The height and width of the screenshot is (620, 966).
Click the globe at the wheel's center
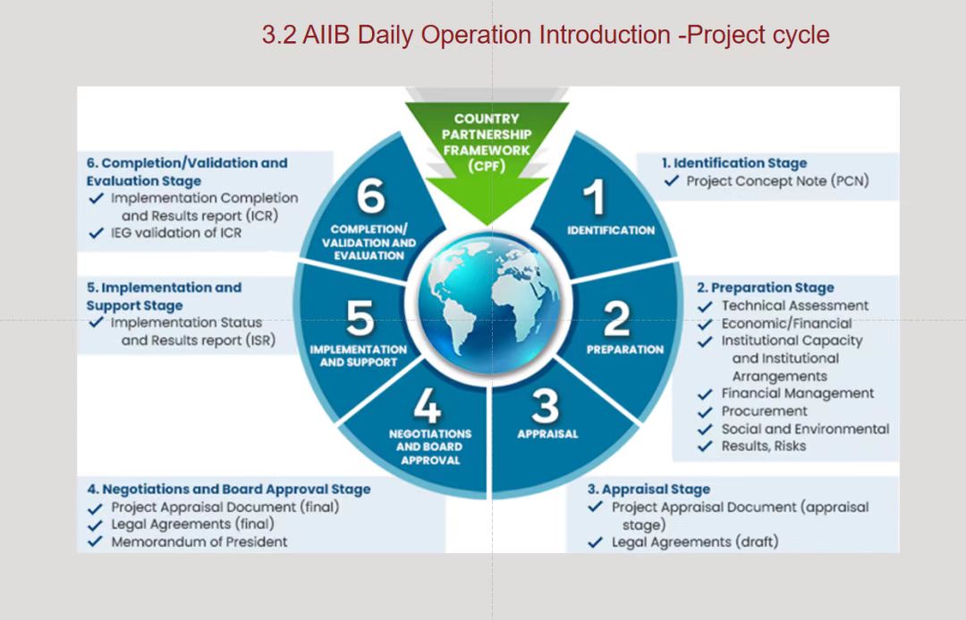[490, 304]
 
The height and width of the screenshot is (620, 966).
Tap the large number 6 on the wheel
[371, 197]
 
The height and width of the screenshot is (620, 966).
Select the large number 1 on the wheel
[594, 197]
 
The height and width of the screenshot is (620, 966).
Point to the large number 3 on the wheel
[546, 406]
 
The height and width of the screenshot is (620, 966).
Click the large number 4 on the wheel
[428, 406]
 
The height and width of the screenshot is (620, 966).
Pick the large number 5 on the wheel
[360, 318]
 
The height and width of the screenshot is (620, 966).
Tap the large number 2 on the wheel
[616, 318]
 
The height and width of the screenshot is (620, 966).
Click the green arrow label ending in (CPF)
[487, 142]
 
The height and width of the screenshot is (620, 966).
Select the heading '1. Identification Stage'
[734, 163]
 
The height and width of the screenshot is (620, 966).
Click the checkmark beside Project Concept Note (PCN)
[672, 180]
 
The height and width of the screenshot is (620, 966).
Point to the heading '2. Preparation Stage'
[766, 288]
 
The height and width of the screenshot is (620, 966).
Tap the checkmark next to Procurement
[705, 412]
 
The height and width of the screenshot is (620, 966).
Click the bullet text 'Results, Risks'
[764, 446]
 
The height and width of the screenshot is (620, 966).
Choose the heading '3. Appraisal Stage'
[648, 490]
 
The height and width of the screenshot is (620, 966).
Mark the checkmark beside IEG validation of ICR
[96, 233]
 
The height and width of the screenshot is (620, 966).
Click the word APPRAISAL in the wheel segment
[547, 434]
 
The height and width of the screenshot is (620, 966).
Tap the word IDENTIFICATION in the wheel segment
[611, 230]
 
